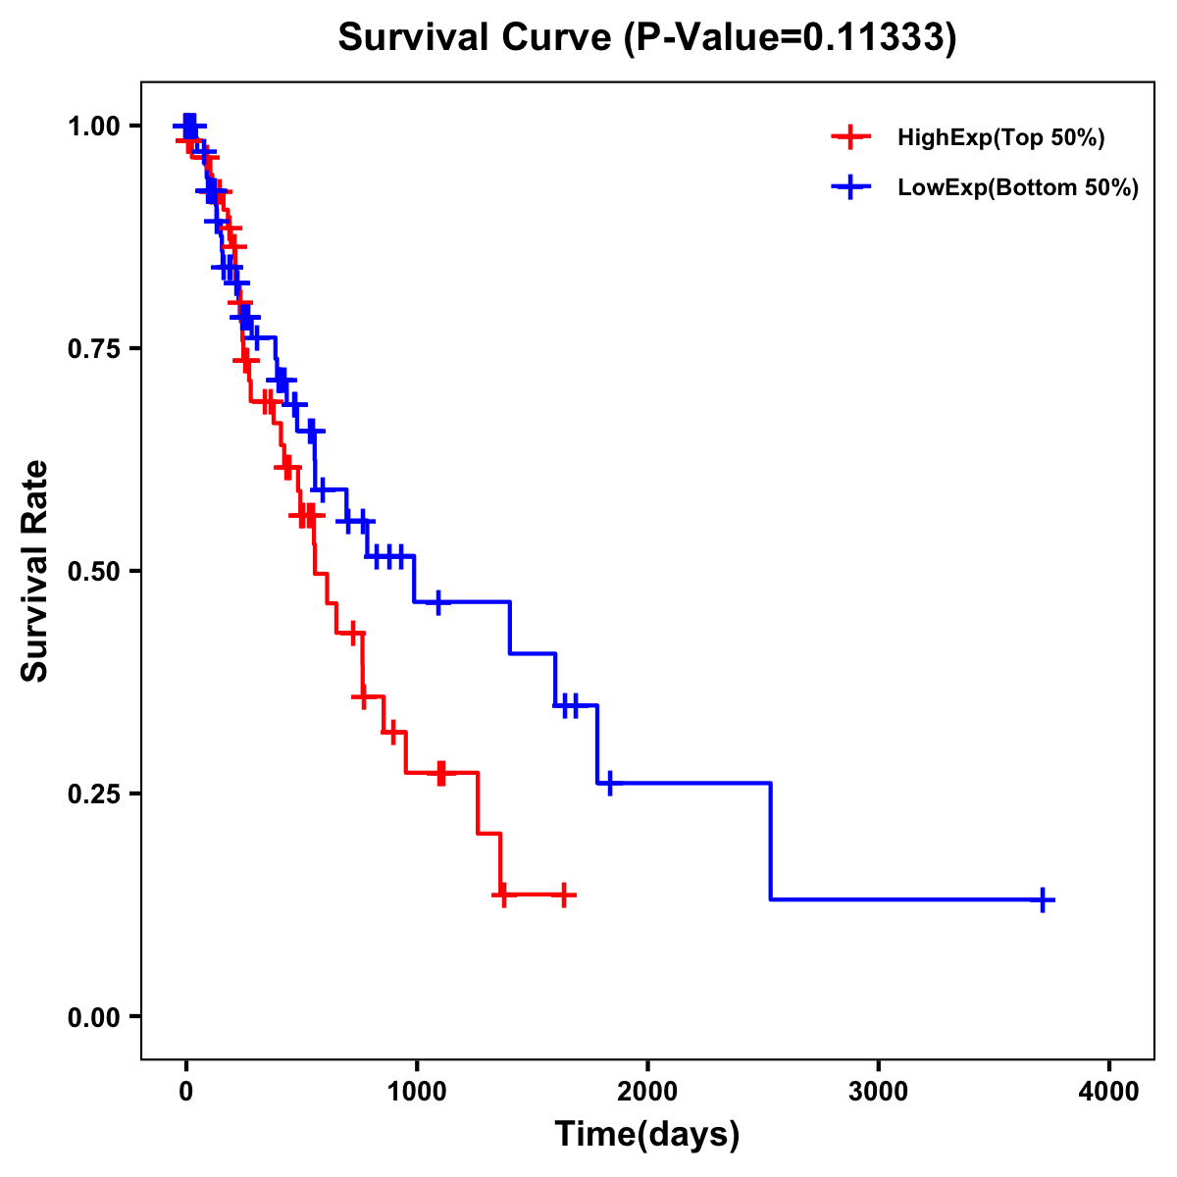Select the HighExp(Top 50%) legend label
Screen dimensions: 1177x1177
click(1001, 138)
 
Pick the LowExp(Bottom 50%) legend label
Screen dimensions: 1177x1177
click(1018, 188)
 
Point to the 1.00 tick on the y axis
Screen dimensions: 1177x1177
click(93, 126)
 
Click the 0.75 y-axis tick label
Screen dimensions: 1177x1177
click(93, 348)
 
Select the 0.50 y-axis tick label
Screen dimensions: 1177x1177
click(93, 571)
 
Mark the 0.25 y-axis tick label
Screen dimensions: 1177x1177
click(93, 793)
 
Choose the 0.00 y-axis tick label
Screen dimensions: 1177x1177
click(93, 1016)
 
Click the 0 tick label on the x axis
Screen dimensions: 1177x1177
click(185, 1092)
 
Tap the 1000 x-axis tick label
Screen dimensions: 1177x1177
click(416, 1092)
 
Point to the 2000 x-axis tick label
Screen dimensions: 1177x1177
click(647, 1092)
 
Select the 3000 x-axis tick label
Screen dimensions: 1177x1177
click(878, 1092)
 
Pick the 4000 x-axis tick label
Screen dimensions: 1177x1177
click(1109, 1092)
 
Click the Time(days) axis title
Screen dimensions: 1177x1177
click(647, 1135)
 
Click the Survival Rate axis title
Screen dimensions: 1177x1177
click(35, 571)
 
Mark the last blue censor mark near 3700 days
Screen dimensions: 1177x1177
click(1044, 899)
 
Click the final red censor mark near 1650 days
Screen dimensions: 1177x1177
click(564, 895)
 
